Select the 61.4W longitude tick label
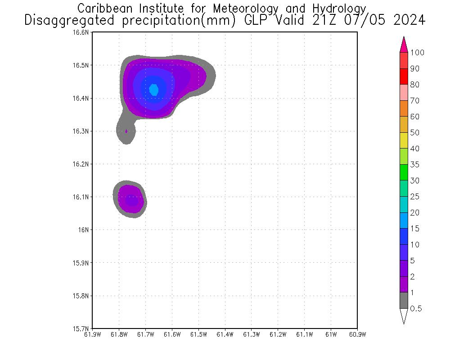(x=225, y=334)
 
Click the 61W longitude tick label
(x=331, y=334)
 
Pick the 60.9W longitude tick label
(x=357, y=334)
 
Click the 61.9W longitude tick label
(x=93, y=334)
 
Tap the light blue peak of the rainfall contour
(x=154, y=90)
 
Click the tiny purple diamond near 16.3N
(x=126, y=131)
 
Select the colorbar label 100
(x=418, y=53)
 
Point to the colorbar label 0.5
(x=416, y=309)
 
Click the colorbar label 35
(x=414, y=165)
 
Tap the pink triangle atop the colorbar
(x=404, y=45)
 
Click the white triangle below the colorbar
(x=404, y=316)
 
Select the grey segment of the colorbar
(x=404, y=300)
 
